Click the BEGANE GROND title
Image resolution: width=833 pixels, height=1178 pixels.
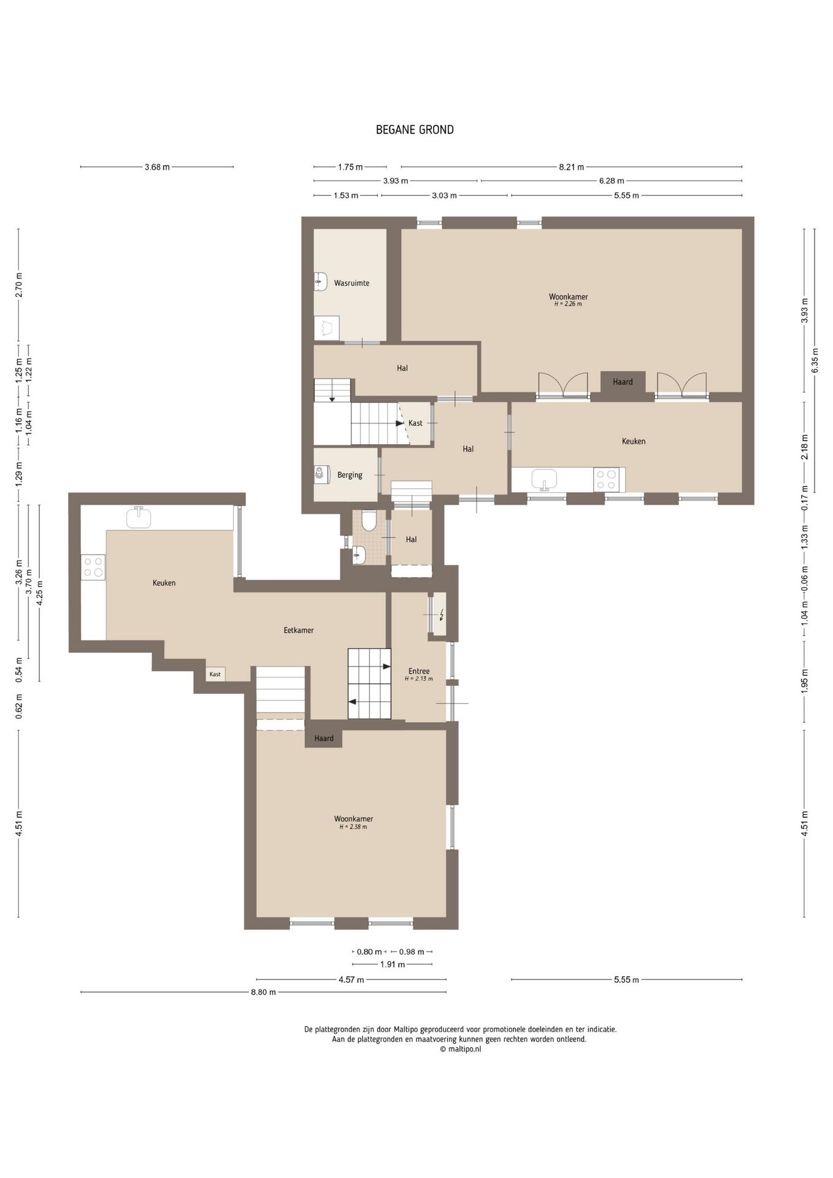pos(415,129)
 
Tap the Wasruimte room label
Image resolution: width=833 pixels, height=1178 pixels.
pos(351,283)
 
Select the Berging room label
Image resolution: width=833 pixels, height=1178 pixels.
pos(350,475)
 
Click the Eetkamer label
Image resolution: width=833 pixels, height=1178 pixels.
pos(299,630)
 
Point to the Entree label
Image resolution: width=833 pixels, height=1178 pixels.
pos(419,671)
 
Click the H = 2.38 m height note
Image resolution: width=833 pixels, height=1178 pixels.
pos(353,827)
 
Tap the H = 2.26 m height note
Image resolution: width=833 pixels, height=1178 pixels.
pos(568,304)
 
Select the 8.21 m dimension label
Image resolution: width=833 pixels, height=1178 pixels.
pos(572,167)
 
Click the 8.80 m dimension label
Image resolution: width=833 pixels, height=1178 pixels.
pos(263,992)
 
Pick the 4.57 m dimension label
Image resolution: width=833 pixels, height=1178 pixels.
pos(351,980)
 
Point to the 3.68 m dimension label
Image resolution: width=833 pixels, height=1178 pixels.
pos(157,167)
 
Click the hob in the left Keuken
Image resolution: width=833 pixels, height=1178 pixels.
pos(93,567)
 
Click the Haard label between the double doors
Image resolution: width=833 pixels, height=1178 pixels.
pos(623,382)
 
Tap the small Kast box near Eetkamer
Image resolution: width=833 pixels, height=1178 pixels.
pos(215,674)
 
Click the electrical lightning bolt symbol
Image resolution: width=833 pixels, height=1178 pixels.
pos(440,614)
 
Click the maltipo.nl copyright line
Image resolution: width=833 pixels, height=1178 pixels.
pos(461,1049)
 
